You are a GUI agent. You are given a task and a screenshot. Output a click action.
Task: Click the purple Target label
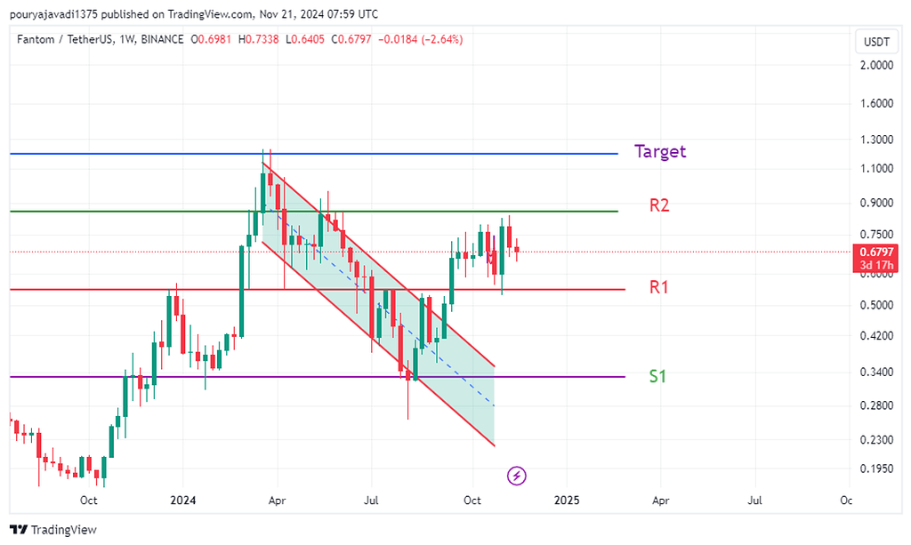[660, 151]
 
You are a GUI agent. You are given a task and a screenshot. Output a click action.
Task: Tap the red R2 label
[659, 205]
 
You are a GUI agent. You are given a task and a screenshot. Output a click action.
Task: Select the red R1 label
[659, 287]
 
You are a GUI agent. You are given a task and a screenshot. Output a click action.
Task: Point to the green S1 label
[657, 376]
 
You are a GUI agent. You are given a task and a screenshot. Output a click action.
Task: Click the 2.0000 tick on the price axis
[875, 66]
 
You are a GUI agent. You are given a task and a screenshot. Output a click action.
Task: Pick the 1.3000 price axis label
[875, 140]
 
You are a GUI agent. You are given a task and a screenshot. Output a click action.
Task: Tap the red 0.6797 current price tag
[875, 252]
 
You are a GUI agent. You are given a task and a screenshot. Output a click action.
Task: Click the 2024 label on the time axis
[183, 501]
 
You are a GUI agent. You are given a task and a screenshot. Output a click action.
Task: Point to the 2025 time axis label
[566, 501]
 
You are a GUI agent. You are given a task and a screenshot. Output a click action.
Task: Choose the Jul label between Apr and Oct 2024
[373, 501]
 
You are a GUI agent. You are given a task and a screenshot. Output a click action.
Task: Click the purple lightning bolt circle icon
[517, 476]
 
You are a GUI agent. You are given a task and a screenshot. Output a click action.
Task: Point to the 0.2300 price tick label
[875, 440]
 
